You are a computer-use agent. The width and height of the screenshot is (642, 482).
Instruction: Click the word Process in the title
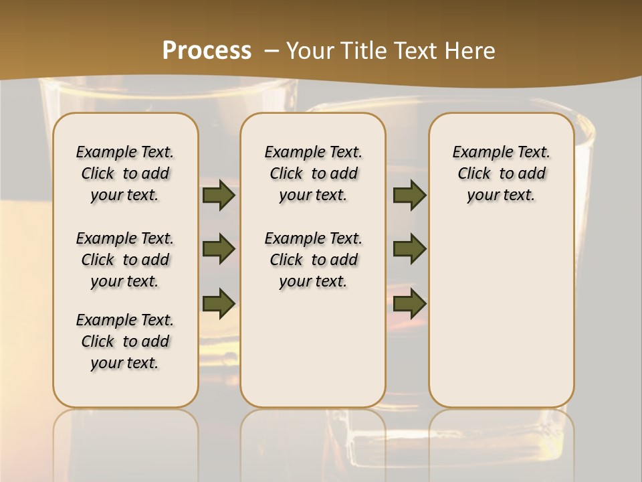[x=207, y=51]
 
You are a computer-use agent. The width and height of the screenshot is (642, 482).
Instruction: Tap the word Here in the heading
[x=469, y=51]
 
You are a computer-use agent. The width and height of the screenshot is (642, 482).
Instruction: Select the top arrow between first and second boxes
[x=219, y=195]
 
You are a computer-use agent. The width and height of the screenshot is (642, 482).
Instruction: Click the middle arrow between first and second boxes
[x=219, y=250]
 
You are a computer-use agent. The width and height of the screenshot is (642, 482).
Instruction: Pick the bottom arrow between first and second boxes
[x=219, y=303]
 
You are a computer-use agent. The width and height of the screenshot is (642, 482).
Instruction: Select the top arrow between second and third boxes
[x=410, y=195]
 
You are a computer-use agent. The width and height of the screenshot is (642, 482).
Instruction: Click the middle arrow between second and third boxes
[x=410, y=250]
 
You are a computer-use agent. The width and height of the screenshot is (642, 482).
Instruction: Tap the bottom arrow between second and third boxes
[x=410, y=303]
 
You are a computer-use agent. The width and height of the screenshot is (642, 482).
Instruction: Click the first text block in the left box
[x=125, y=173]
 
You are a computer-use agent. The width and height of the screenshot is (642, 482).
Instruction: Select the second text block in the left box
[x=125, y=260]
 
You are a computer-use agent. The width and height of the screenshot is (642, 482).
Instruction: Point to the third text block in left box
[x=125, y=341]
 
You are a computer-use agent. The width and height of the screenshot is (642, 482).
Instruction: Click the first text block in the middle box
[x=313, y=173]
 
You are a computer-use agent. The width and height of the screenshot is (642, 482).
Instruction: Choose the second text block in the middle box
[x=313, y=260]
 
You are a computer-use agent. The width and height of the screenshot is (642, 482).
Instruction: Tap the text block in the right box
[x=502, y=173]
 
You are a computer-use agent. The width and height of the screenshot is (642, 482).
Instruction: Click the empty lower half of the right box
[x=502, y=321]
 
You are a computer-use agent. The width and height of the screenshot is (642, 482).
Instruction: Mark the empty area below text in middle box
[x=313, y=348]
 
